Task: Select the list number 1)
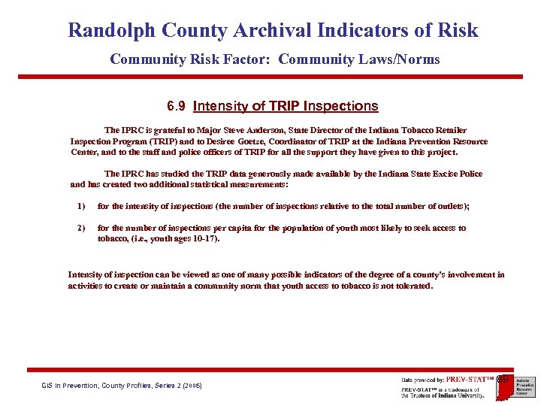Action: pos(81,206)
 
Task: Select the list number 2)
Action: pos(81,228)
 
